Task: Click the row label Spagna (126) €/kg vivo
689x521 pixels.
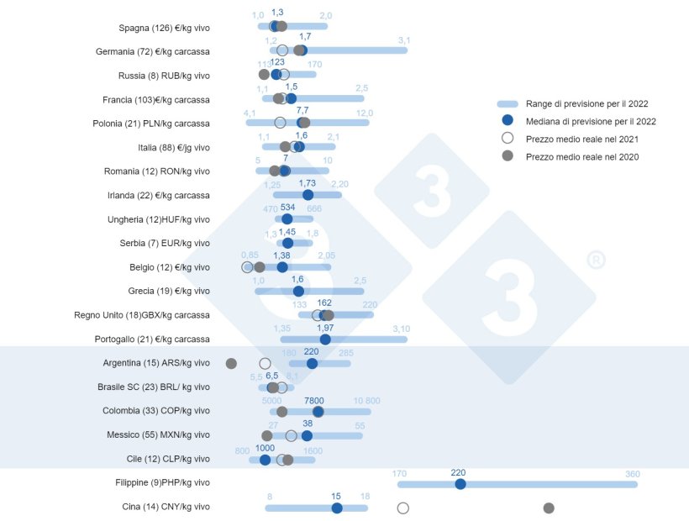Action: tap(164, 28)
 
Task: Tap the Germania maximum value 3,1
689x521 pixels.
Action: tap(404, 40)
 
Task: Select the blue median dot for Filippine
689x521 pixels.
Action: tap(460, 484)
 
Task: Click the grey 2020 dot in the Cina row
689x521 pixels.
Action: tap(549, 508)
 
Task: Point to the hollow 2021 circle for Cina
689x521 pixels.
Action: tap(402, 508)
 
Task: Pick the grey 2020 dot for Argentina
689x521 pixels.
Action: tap(231, 363)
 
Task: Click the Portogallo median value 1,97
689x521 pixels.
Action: tap(325, 328)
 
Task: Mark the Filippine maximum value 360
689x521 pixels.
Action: tap(632, 473)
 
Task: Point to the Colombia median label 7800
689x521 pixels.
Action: tap(313, 401)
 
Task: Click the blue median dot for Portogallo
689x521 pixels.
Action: tap(325, 339)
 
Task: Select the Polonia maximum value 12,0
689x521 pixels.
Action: tap(364, 113)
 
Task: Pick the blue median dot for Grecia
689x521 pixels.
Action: tap(298, 292)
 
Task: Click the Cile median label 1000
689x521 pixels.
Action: tap(265, 449)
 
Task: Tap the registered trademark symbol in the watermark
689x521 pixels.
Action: tap(593, 260)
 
